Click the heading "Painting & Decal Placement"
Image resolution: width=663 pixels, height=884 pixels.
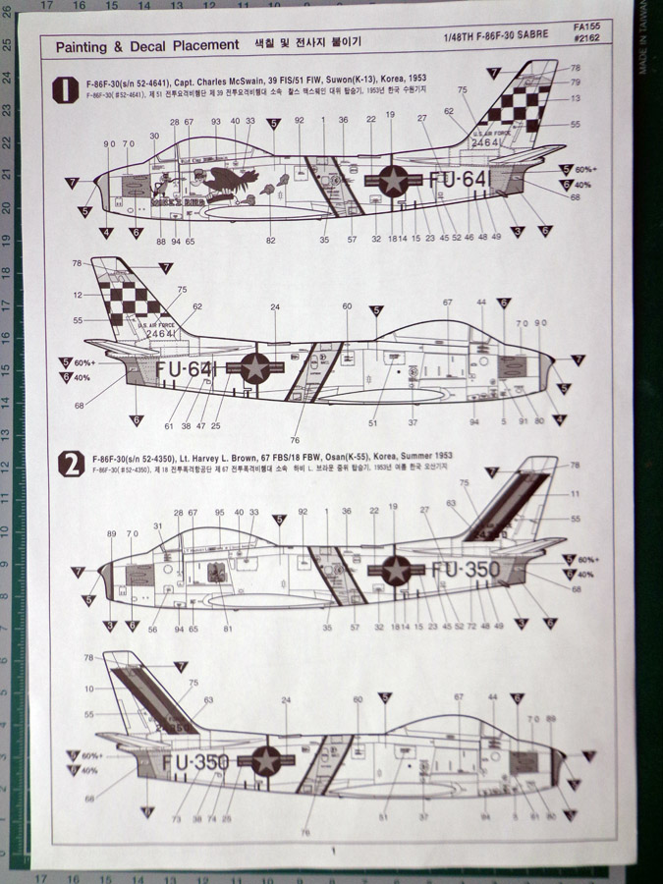pos(146,45)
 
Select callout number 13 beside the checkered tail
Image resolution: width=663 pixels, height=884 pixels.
pos(576,98)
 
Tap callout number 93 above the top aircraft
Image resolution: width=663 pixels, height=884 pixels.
pos(215,122)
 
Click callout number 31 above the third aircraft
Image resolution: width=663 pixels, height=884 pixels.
pos(157,526)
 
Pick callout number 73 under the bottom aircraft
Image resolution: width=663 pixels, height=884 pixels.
pos(176,818)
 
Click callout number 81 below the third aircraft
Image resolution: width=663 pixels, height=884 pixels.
pos(228,629)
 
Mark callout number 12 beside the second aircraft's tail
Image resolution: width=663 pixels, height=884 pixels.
pos(78,294)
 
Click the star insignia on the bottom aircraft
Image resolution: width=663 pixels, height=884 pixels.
pos(266,760)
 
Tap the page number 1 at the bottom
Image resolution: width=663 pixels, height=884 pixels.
pos(334,852)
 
